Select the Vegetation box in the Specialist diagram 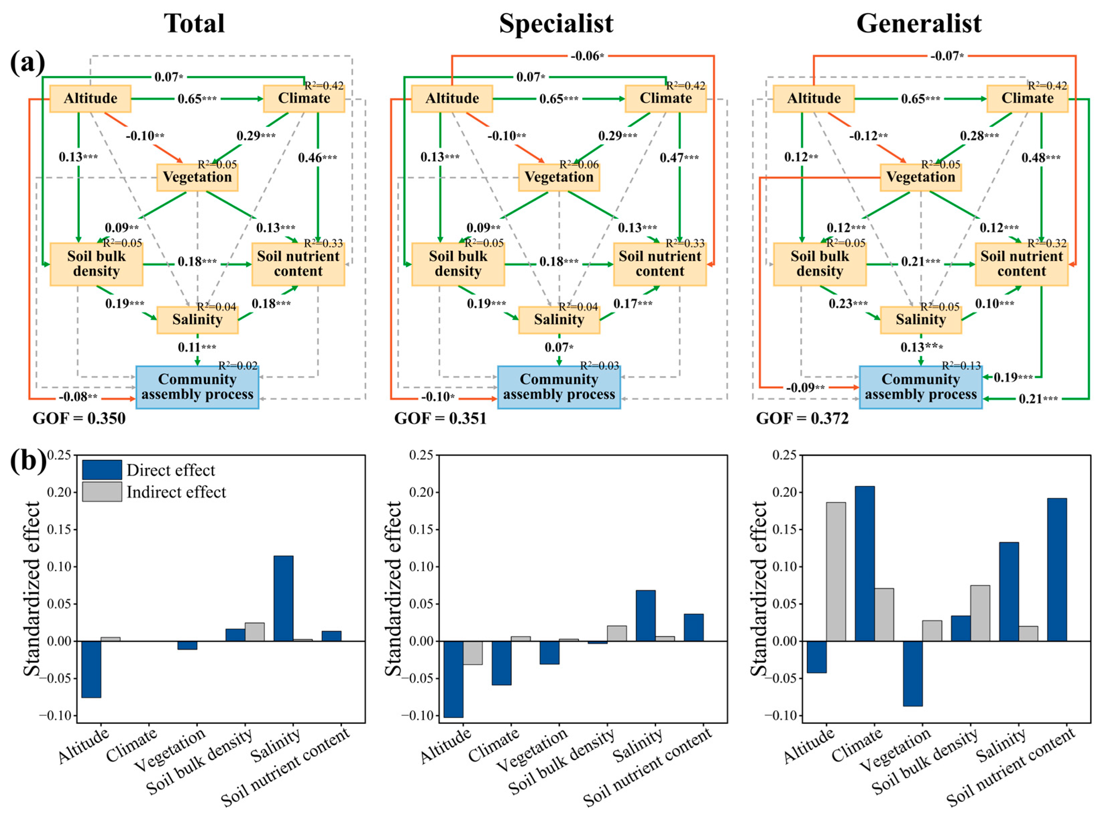coord(559,177)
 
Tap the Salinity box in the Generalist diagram coord(921,320)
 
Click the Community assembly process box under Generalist coord(921,387)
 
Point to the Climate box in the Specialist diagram coord(665,98)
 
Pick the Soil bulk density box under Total coord(96,264)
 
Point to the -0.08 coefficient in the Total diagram coord(78,397)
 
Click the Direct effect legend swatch coord(102,470)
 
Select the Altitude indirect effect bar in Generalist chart coord(836,571)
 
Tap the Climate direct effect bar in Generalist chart coord(865,563)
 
